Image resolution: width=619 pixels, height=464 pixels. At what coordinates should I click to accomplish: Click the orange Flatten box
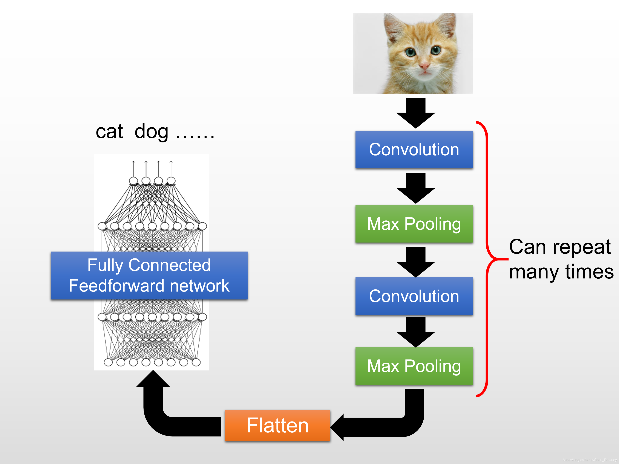pos(278,425)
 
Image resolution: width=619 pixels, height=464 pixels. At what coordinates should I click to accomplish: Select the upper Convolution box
pos(414,149)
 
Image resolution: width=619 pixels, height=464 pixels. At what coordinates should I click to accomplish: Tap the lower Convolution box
pos(414,296)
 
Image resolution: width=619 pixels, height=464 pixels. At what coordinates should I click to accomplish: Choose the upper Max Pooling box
pos(414,224)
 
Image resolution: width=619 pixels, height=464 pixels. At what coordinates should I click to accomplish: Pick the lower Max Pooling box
pos(414,366)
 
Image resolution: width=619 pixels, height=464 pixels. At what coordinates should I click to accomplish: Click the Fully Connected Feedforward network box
pos(149,275)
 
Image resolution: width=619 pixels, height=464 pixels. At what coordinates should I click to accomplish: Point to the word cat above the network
pos(109,131)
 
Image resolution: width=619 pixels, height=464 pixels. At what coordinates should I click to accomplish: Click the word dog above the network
pos(151,131)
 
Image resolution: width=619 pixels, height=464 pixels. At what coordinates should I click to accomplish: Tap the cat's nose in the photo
pos(424,67)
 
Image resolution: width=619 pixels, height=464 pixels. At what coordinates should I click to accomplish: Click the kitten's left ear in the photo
pos(393,27)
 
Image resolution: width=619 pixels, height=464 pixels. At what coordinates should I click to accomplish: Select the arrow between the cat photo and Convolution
pos(416,113)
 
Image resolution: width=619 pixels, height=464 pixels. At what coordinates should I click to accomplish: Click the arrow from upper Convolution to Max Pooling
pos(416,188)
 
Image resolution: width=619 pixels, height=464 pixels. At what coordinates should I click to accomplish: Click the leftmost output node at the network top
pos(133,181)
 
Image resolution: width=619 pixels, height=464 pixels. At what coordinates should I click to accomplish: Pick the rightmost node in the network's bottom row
pos(196,362)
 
